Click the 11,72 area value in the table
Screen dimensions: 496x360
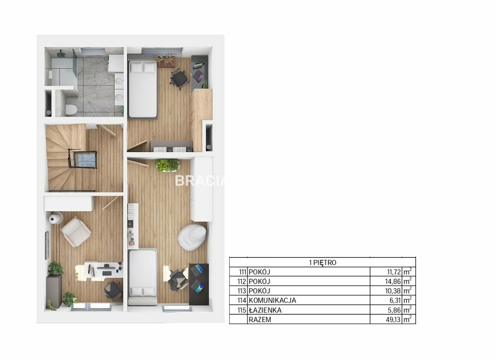394,272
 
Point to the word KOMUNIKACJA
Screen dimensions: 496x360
272,300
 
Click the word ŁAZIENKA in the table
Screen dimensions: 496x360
265,310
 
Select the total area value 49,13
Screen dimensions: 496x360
393,319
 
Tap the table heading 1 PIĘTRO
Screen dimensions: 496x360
323,262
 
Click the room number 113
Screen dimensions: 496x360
242,291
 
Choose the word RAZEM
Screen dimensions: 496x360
260,319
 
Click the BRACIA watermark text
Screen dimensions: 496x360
200,181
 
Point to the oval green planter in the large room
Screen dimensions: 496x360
168,165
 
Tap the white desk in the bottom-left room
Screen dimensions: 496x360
103,269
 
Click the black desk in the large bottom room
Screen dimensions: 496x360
198,284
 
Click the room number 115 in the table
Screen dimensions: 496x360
242,310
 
